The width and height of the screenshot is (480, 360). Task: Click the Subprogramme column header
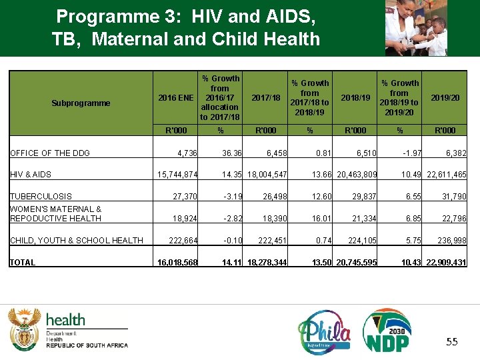click(81, 103)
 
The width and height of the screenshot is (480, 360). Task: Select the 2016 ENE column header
click(176, 97)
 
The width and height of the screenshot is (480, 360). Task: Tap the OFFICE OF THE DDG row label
click(50, 153)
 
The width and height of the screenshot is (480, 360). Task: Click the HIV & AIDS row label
click(31, 175)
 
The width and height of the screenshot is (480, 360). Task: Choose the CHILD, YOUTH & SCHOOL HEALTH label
click(76, 240)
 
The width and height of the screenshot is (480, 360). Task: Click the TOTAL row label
click(23, 263)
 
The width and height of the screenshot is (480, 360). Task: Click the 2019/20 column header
click(445, 97)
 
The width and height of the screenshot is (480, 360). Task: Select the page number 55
click(451, 342)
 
